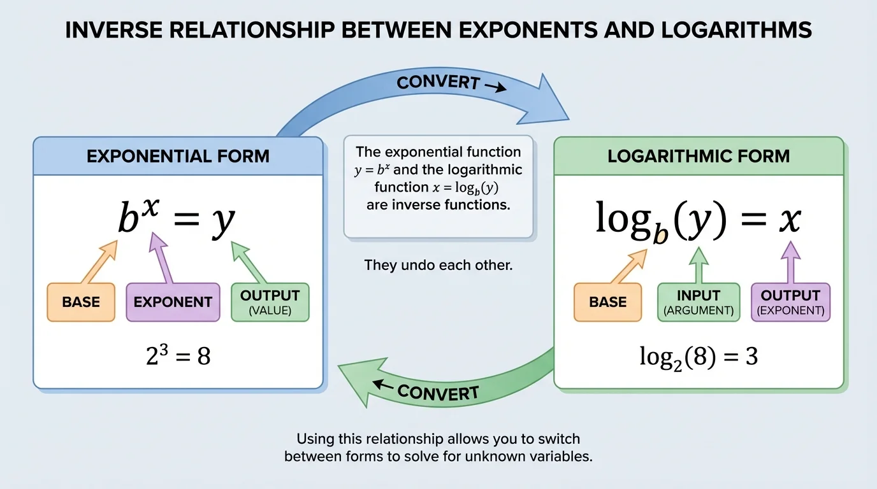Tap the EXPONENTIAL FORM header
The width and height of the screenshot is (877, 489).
pyautogui.click(x=178, y=156)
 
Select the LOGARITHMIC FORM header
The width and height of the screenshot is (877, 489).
pyautogui.click(x=699, y=156)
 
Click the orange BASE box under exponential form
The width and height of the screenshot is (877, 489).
pyautogui.click(x=80, y=302)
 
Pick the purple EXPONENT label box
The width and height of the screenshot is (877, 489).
pyautogui.click(x=173, y=302)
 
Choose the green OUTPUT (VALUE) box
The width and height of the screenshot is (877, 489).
pyautogui.click(x=270, y=302)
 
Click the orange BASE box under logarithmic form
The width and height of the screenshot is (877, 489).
pyautogui.click(x=607, y=302)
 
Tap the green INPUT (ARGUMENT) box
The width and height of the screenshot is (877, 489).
pyautogui.click(x=699, y=302)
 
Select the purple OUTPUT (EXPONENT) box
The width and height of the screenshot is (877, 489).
pyautogui.click(x=790, y=302)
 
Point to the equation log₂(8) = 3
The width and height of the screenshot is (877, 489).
pyautogui.click(x=699, y=357)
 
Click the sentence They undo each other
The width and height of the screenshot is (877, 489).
pyautogui.click(x=438, y=265)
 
